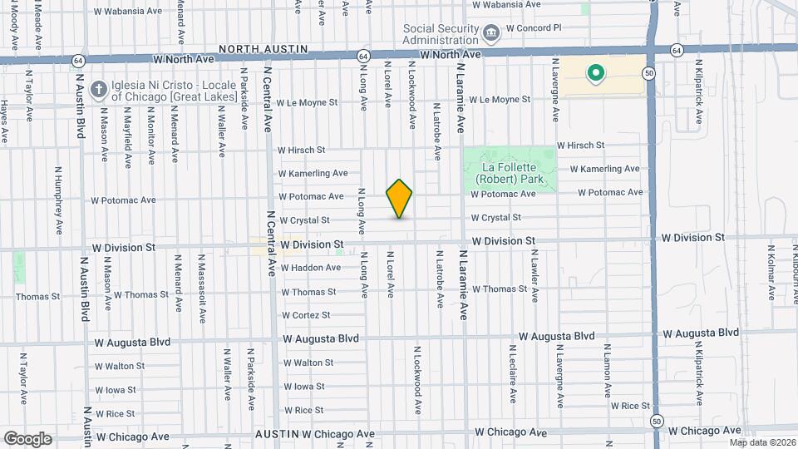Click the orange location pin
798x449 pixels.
click(399, 198)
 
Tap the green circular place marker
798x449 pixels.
click(595, 74)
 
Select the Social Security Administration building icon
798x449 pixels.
click(490, 33)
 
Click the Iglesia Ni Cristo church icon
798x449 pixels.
click(98, 88)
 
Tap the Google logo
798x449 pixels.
click(27, 438)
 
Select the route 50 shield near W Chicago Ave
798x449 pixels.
click(656, 419)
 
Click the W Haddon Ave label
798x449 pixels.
click(310, 268)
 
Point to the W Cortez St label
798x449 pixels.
click(306, 315)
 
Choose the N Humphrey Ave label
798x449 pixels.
click(59, 200)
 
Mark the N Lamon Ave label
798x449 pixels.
click(608, 375)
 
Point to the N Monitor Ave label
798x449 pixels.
click(151, 136)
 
